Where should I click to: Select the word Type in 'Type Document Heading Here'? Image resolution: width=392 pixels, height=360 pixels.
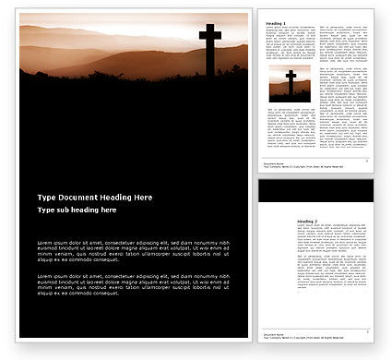tap(46, 224)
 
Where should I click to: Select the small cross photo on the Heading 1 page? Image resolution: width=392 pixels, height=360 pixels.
tap(291, 83)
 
